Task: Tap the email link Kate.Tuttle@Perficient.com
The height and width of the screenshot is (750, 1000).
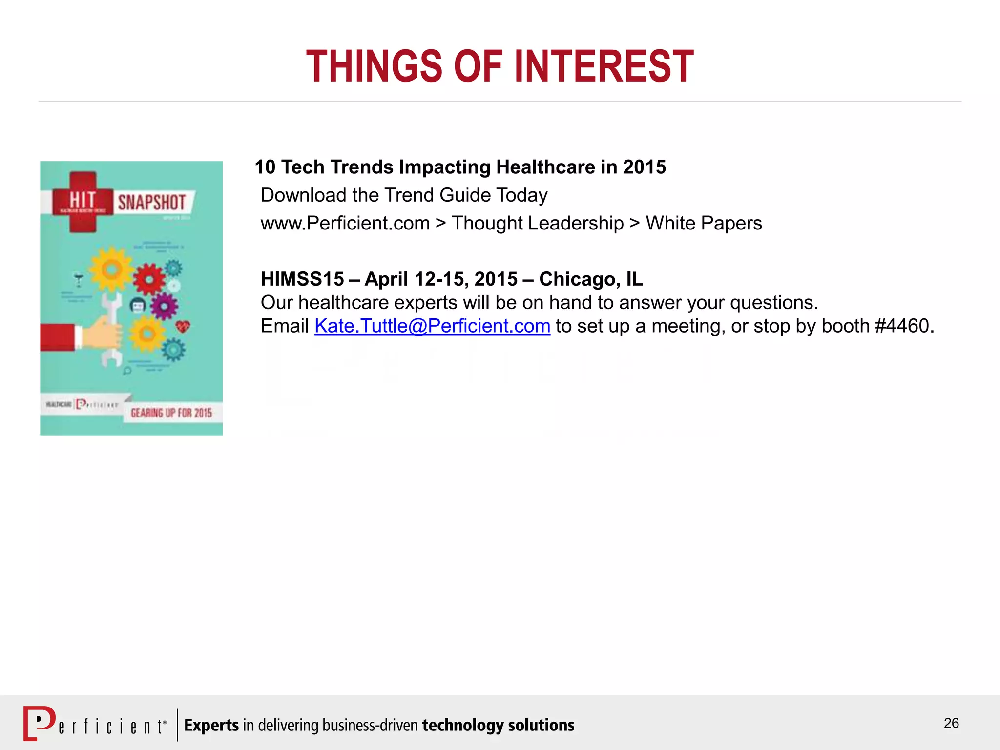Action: coord(432,326)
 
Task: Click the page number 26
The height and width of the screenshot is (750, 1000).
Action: coord(951,723)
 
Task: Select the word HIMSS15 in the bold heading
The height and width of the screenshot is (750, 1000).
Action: coord(303,279)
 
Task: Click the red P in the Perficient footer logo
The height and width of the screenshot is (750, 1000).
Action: coord(39,723)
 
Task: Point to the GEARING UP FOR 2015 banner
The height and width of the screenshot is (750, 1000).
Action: coord(171,413)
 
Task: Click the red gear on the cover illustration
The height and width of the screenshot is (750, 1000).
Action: coord(149,279)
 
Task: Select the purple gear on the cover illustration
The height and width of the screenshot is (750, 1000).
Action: coord(164,307)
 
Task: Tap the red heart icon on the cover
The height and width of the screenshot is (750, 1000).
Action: coord(183,326)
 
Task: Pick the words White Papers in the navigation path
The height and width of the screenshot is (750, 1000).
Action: coord(704,223)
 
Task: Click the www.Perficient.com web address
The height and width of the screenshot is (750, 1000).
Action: coord(345,223)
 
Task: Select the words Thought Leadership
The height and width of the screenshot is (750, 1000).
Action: coord(538,223)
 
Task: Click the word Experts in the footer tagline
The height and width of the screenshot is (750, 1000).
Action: coord(211,725)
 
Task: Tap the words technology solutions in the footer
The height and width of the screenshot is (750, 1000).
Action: coord(498,725)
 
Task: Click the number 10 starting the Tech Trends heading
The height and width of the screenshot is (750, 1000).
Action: coord(265,167)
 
